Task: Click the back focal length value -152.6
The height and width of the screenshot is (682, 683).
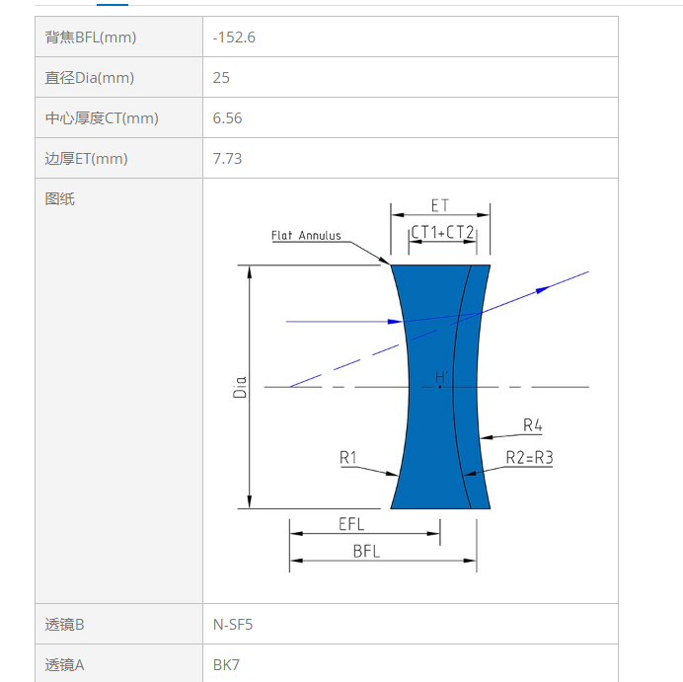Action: coord(234,38)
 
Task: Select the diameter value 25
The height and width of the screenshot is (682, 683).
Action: coord(221,78)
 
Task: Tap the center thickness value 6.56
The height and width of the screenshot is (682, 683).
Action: coord(227,118)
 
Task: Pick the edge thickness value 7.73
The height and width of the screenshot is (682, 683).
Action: coord(227,159)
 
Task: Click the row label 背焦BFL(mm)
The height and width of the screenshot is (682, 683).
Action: coord(91,38)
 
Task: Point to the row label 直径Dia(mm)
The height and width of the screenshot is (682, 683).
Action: coord(89,78)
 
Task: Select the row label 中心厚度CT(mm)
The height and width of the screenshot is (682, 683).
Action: coord(102,118)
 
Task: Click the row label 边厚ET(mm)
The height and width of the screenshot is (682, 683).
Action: coord(86,159)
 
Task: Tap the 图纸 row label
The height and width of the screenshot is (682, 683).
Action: coord(59,199)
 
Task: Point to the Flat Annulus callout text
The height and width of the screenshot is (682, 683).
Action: coord(306,236)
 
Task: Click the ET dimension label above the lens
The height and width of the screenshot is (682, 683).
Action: coord(439,205)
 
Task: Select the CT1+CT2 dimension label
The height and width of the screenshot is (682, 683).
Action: coord(442,232)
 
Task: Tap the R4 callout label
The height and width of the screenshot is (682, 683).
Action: coord(532,424)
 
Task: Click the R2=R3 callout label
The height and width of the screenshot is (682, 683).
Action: coord(529,457)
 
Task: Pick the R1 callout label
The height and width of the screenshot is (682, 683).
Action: coord(348,457)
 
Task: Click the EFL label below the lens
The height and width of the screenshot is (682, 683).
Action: coord(351,524)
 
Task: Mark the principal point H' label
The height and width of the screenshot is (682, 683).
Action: coord(442,377)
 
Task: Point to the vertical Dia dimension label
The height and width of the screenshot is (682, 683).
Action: coord(240,387)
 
